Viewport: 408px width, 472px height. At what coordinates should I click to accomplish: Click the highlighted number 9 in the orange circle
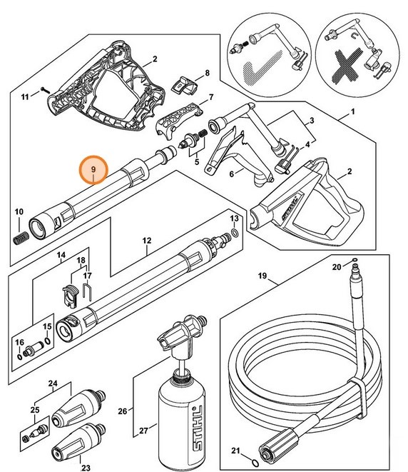(x=93, y=169)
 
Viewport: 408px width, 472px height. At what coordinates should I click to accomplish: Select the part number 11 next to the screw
(x=24, y=95)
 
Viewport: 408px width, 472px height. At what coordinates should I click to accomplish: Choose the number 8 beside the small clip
(x=207, y=73)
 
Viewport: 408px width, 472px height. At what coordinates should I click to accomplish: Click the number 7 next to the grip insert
(x=211, y=96)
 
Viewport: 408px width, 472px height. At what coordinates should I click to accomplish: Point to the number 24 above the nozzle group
(x=52, y=383)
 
